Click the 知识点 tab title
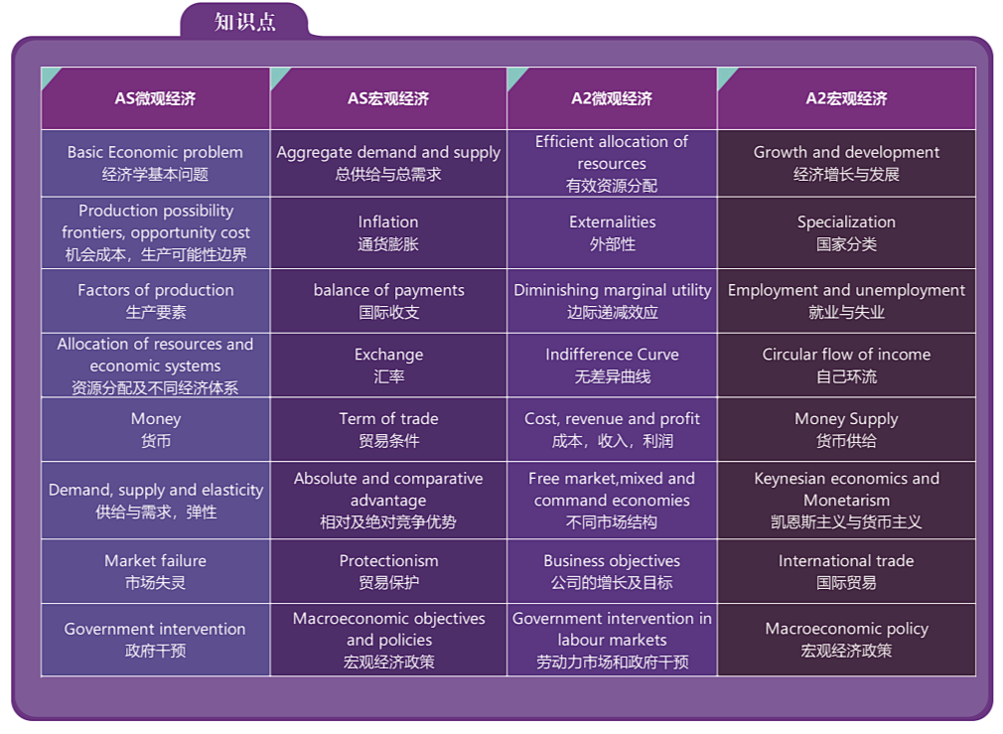245,22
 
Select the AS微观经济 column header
156,98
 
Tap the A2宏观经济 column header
846,98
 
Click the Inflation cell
388,233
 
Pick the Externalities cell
612,233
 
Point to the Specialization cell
846,233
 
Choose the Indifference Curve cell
612,366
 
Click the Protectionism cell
388,571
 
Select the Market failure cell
156,571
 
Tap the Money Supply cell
846,429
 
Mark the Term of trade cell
388,429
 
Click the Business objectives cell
612,571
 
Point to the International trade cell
846,571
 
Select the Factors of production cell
156,301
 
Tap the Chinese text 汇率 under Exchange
389,376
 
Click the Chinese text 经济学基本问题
156,174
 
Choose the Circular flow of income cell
846,366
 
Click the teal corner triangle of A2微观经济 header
515,74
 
